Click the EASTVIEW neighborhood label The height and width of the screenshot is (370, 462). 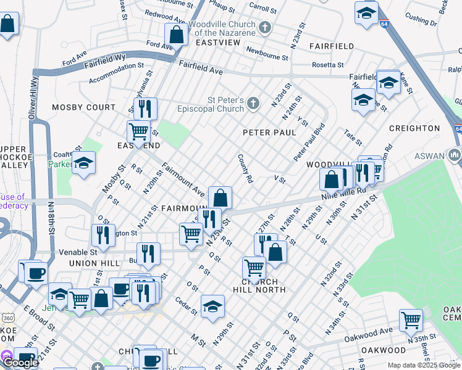tap(217, 43)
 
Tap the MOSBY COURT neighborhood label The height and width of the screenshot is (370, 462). tap(83, 107)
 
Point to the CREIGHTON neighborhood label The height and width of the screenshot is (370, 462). tap(414, 128)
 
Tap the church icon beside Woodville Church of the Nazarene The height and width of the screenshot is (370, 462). tap(265, 27)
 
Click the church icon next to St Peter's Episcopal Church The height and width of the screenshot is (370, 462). tap(253, 104)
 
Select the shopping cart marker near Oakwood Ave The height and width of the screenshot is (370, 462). tap(411, 319)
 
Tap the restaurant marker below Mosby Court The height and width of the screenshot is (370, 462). tap(145, 109)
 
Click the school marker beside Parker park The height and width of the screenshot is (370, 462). tap(83, 163)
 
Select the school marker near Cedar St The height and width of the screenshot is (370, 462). tap(212, 306)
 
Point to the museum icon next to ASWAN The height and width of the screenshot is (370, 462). tap(455, 154)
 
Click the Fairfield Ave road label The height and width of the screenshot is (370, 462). tap(201, 68)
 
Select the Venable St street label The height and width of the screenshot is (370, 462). tap(78, 252)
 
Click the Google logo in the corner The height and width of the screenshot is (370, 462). tap(20, 363)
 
